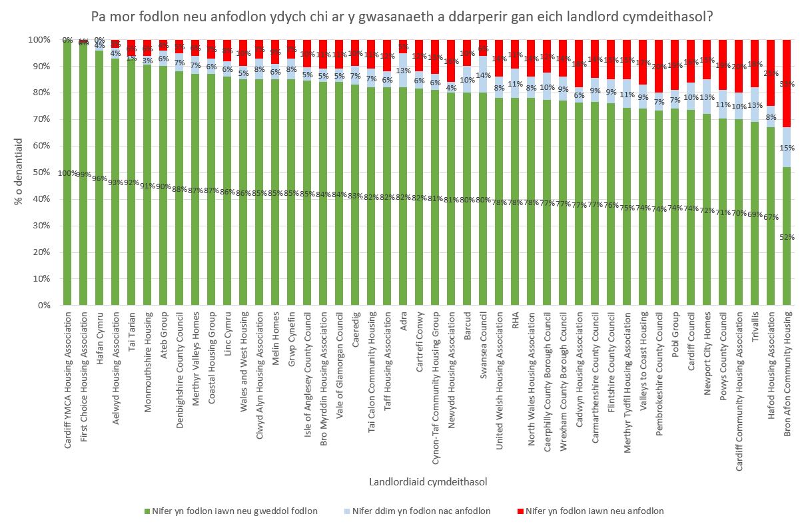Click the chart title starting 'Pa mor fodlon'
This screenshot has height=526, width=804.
pyautogui.click(x=402, y=15)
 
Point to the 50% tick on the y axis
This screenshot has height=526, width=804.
pyautogui.click(x=41, y=172)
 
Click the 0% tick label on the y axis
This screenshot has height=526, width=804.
pyautogui.click(x=43, y=306)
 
